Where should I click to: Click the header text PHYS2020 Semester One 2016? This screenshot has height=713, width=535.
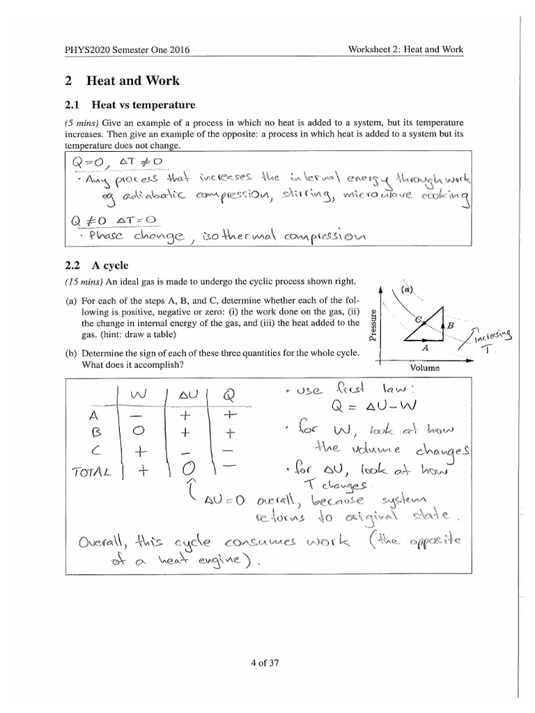127,49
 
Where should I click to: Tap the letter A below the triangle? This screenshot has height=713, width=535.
425,346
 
